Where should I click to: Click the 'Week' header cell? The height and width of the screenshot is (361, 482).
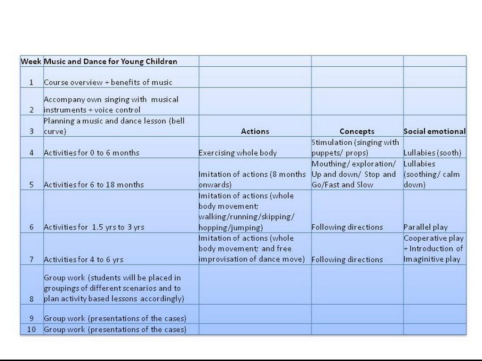(32, 62)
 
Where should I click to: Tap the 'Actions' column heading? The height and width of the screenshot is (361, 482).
(255, 132)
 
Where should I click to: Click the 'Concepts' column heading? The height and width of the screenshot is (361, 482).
(357, 132)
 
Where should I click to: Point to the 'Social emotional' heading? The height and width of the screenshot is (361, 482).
(434, 132)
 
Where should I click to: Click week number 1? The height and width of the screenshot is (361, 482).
(32, 82)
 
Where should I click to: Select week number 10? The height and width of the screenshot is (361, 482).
(32, 330)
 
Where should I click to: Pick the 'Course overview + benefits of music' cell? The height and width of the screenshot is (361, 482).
(108, 82)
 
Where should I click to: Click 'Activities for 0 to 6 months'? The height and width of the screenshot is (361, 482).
(92, 153)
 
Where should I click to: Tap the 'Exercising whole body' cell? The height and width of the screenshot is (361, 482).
(238, 153)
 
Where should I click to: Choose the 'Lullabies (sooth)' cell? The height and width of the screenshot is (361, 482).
(432, 153)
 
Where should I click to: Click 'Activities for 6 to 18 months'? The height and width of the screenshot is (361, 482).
(94, 185)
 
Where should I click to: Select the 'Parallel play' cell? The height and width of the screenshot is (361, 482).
(426, 228)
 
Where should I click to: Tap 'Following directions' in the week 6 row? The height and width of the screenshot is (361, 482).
(347, 228)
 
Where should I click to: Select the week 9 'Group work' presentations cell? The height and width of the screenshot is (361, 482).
(115, 319)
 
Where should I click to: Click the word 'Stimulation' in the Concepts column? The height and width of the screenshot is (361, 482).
(332, 142)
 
